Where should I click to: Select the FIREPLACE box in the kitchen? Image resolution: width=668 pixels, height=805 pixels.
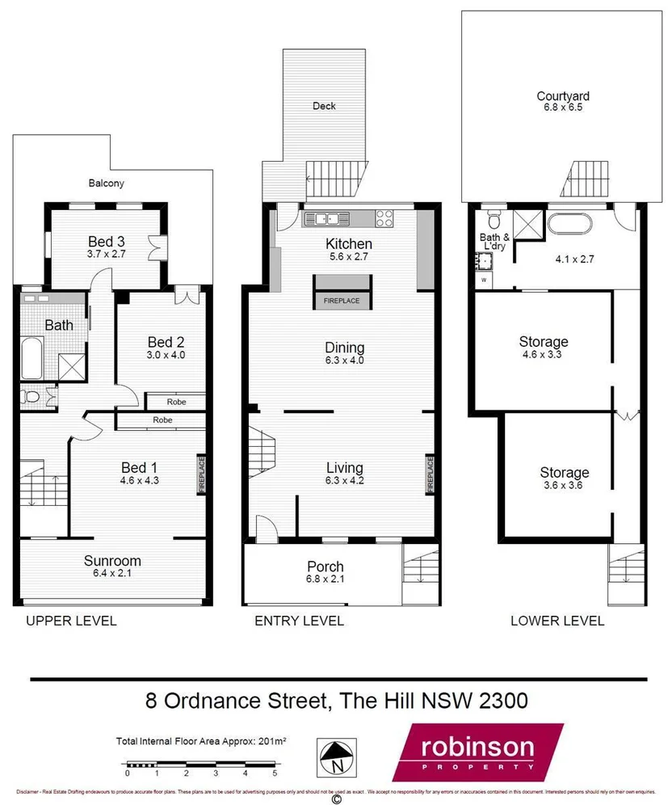(342, 292)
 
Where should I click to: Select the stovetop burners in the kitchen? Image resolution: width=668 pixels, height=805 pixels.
(384, 217)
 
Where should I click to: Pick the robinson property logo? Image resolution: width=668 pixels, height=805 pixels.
(477, 751)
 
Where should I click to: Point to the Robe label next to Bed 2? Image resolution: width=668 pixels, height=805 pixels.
(177, 401)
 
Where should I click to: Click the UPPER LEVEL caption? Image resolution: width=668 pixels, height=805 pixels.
(71, 621)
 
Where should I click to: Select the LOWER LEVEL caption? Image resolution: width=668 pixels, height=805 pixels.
(557, 621)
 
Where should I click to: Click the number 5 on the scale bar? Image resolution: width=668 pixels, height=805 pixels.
(275, 773)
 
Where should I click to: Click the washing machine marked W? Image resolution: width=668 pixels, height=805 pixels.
(485, 280)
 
